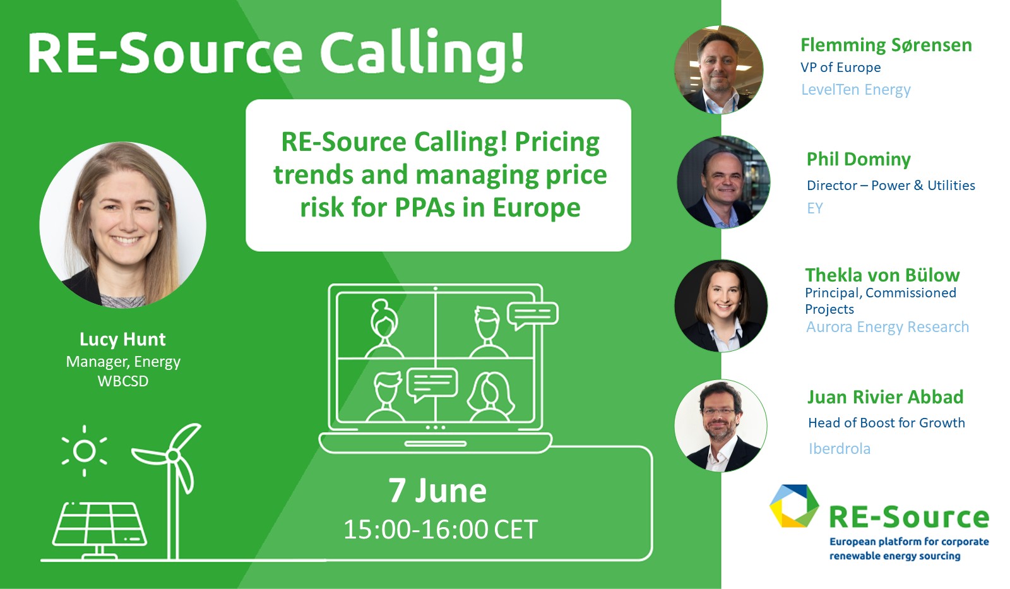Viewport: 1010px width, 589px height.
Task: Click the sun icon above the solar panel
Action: pyautogui.click(x=85, y=451)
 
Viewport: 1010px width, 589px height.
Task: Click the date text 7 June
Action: pyautogui.click(x=437, y=491)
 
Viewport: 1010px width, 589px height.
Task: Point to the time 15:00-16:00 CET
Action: pyautogui.click(x=441, y=529)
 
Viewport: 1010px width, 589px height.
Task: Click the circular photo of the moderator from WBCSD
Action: pyautogui.click(x=122, y=225)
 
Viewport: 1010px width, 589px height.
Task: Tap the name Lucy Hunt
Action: pyautogui.click(x=122, y=339)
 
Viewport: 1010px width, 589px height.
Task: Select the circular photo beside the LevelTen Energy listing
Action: pyautogui.click(x=719, y=70)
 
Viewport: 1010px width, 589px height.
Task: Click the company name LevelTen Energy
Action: pyautogui.click(x=856, y=90)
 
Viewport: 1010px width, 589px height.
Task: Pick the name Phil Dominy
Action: pyautogui.click(x=858, y=159)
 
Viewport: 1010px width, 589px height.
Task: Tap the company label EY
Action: pyautogui.click(x=815, y=208)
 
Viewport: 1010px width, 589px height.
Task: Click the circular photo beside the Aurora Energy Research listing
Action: pyautogui.click(x=721, y=306)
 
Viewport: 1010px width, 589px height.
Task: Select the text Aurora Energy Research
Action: pyautogui.click(x=888, y=327)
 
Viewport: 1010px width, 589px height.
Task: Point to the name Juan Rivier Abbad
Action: pyautogui.click(x=885, y=397)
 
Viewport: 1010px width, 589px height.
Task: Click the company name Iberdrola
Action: pyautogui.click(x=839, y=449)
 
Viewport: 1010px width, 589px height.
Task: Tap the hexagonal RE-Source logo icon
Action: pyautogui.click(x=793, y=506)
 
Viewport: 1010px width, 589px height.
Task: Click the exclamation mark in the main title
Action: pyautogui.click(x=517, y=51)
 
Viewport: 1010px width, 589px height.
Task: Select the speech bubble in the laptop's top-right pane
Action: pyautogui.click(x=533, y=315)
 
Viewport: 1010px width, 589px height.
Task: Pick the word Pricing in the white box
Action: pyautogui.click(x=557, y=143)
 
